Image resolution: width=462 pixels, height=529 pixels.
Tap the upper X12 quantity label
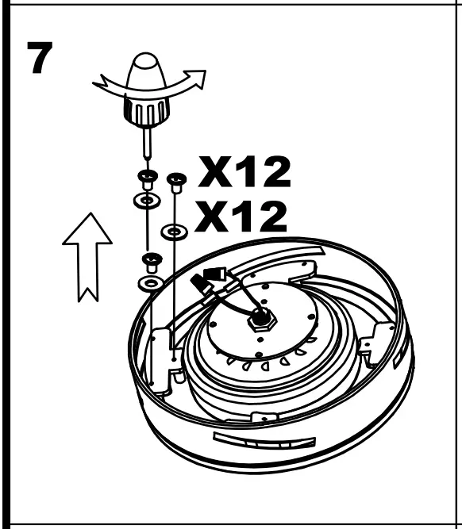click(x=244, y=173)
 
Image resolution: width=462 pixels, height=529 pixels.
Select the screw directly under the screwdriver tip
click(x=146, y=177)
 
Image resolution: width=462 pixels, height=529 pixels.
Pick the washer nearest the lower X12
click(x=174, y=232)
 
